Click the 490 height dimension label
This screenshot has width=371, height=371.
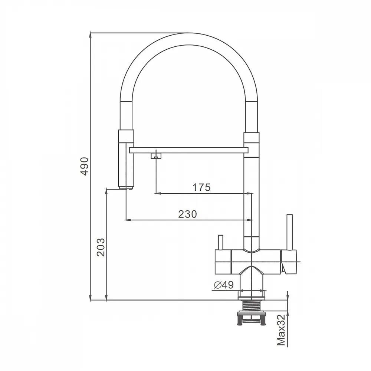(85, 166)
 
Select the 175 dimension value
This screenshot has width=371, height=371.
(201, 187)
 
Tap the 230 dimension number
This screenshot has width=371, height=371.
(187, 214)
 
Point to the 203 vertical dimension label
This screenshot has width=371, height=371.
(101, 247)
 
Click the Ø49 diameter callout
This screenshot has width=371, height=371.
(224, 285)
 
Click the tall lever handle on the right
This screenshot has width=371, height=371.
(290, 232)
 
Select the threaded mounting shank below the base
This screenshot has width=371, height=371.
(252, 306)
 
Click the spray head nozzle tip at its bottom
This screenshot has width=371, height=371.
(126, 188)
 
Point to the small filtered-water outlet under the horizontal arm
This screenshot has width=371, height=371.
(156, 155)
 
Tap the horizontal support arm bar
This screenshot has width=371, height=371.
(189, 150)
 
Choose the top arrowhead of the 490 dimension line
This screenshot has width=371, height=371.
(90, 35)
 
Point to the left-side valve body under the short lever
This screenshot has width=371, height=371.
(223, 262)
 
